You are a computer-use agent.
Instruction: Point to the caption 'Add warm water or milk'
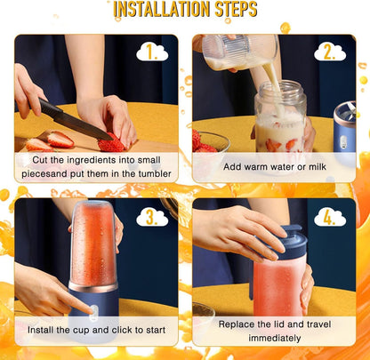273,167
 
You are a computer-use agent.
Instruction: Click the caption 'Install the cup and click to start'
95,331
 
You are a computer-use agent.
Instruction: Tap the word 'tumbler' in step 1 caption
151,175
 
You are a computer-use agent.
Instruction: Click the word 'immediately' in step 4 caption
273,338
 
